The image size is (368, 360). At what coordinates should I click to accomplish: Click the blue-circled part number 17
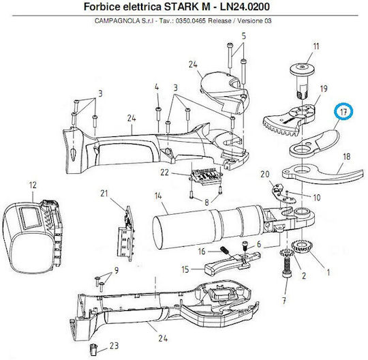(343, 112)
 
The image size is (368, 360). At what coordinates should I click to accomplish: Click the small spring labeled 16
(224, 250)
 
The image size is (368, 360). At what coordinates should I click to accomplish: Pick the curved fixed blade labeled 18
(324, 175)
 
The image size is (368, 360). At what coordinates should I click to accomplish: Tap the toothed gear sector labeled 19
(290, 121)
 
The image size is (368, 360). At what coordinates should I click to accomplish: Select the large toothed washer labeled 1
(301, 246)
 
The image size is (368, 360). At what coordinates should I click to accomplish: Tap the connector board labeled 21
(126, 234)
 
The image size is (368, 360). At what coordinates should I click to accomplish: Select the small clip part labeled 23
(93, 350)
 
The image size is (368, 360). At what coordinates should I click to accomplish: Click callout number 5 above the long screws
(243, 36)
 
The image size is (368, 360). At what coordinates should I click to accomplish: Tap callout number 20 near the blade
(264, 175)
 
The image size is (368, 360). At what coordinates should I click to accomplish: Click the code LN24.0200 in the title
(245, 7)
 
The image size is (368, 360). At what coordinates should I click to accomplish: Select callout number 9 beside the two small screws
(116, 271)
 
